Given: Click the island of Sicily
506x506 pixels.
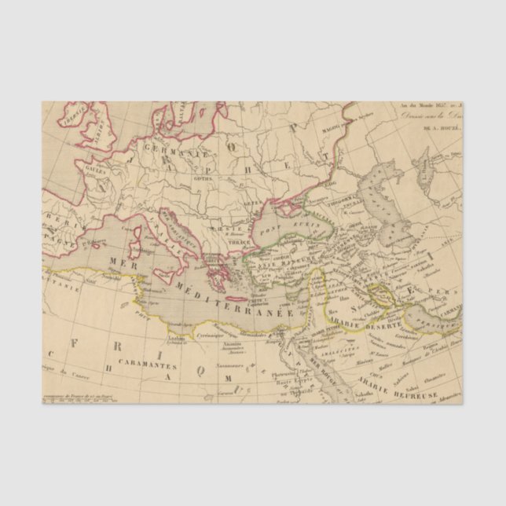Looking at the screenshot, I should [181, 277].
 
